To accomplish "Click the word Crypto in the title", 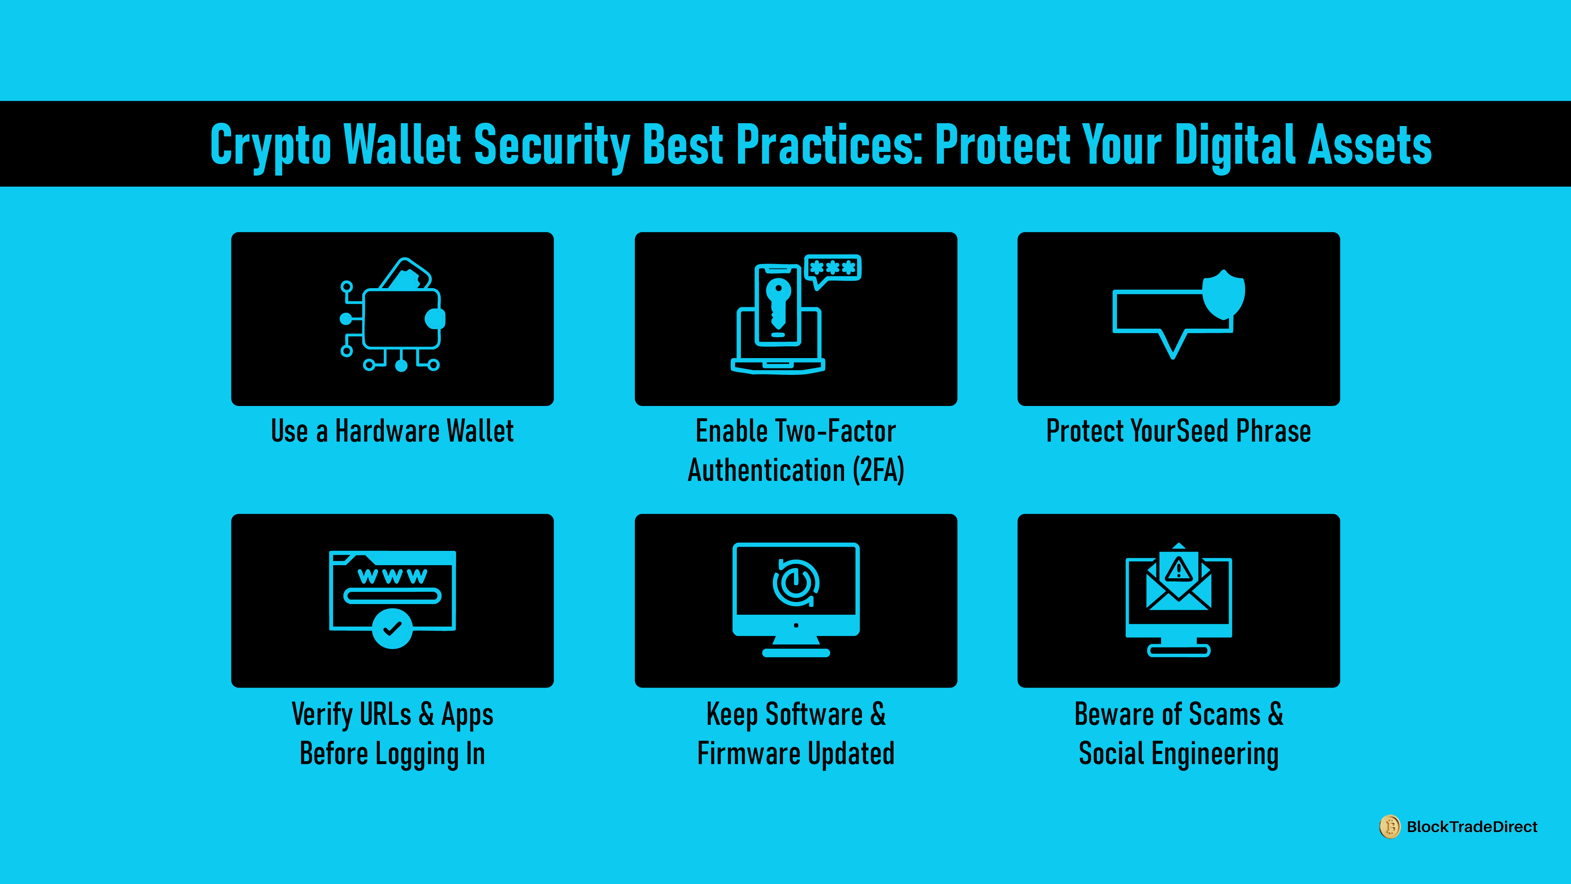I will [270, 145].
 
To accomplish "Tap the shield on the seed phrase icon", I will [1223, 295].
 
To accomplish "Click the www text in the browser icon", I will [392, 575].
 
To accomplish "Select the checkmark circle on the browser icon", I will [392, 628].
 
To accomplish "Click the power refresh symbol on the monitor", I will [796, 583].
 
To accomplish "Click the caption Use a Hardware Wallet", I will [392, 431].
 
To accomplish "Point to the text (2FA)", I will [878, 470].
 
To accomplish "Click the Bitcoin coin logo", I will [1390, 827].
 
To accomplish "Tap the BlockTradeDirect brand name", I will [1472, 827].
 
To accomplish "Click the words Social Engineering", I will [1178, 753].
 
